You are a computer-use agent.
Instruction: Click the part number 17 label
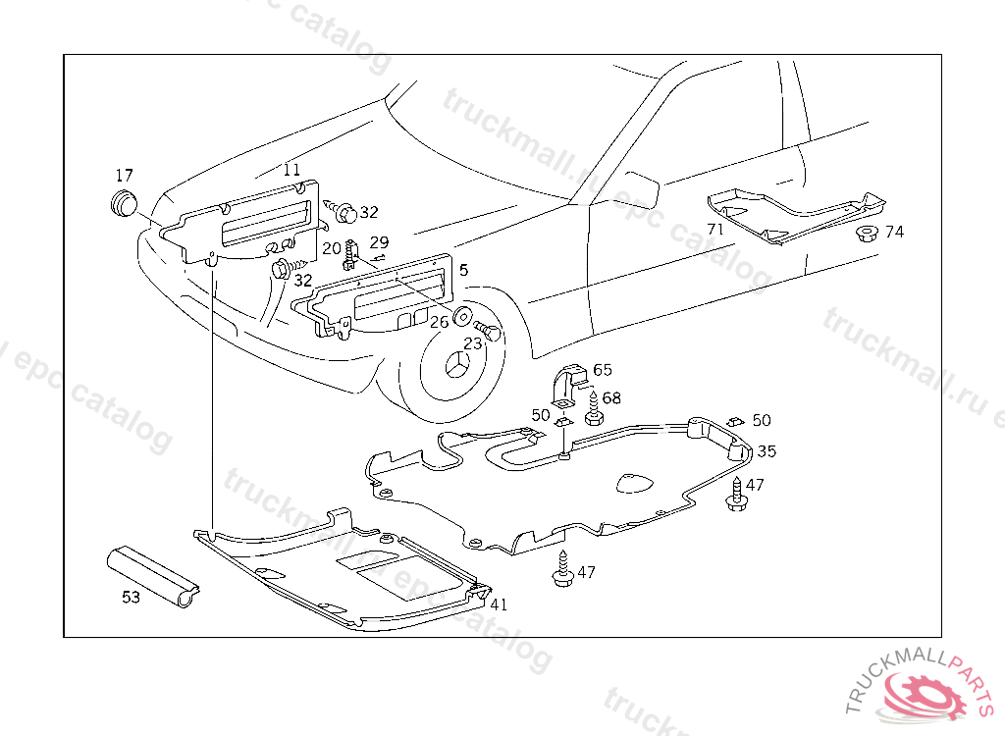124,176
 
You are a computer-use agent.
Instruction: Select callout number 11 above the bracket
292,169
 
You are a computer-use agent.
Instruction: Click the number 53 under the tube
131,597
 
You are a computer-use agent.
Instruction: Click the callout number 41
499,605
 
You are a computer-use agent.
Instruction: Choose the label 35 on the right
767,451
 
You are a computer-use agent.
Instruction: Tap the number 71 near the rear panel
715,229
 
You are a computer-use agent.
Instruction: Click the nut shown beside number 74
867,234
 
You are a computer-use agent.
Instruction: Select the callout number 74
894,232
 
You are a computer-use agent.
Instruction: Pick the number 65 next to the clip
602,370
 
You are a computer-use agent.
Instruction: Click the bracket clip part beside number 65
569,385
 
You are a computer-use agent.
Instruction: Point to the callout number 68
611,397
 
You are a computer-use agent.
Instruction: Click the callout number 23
473,343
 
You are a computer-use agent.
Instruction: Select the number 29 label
379,242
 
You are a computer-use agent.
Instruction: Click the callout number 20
331,248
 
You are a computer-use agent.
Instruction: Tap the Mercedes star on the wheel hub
457,370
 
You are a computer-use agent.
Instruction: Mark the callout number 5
462,269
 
